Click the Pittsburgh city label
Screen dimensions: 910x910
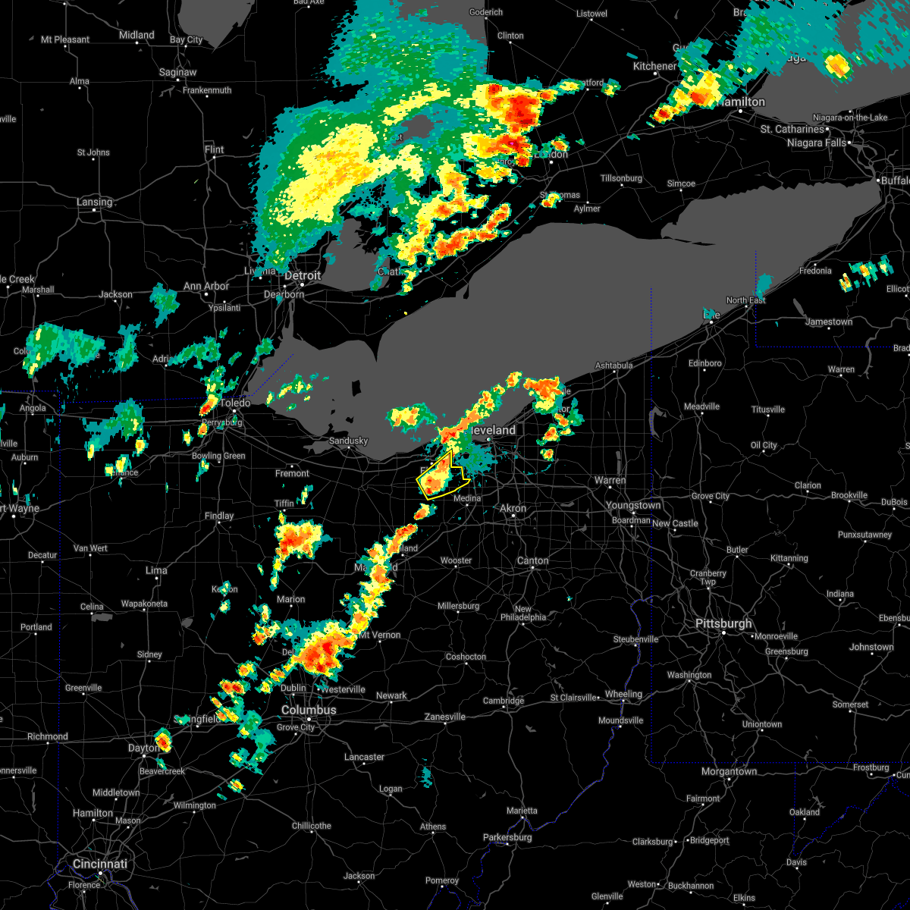(x=723, y=624)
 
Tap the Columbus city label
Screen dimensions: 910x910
(x=309, y=710)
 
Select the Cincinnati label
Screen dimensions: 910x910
(x=100, y=864)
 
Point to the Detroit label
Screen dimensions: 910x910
(x=303, y=275)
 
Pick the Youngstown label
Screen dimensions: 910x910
(x=632, y=505)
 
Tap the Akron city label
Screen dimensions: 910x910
(x=513, y=508)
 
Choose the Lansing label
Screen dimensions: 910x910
(x=94, y=202)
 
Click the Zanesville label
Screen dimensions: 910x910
(x=444, y=717)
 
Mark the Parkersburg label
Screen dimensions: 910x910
(x=507, y=837)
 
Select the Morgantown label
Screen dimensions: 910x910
(x=729, y=771)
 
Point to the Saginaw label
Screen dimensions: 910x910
(x=178, y=73)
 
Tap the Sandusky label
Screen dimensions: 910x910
(x=348, y=441)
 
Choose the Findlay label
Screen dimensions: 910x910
(x=219, y=516)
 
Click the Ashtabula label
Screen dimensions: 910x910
(x=614, y=366)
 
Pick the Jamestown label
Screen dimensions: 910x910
(x=829, y=322)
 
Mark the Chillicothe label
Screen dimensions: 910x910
(x=312, y=826)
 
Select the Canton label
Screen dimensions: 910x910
(x=532, y=560)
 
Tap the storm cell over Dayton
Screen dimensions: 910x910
(x=162, y=740)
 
